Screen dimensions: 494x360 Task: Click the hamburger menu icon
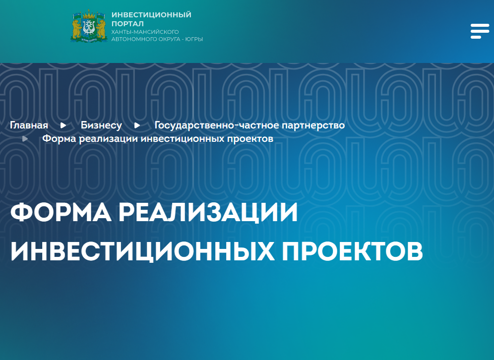point(480,31)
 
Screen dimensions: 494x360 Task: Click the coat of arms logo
point(89,26)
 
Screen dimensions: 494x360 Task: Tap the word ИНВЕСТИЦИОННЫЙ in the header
point(151,15)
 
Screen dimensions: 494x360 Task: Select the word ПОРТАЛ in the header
point(127,24)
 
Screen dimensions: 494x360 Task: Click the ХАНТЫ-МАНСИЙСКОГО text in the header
point(145,32)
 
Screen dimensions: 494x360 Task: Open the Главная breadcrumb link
point(29,125)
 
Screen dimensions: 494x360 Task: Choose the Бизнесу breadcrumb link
point(101,125)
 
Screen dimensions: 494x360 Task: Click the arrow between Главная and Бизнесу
point(63,125)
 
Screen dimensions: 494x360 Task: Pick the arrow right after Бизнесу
point(137,125)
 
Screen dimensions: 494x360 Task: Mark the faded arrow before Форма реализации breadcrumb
point(25,138)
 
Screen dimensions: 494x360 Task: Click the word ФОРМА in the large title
point(61,212)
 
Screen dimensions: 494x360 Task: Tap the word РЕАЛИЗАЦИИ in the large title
point(208,213)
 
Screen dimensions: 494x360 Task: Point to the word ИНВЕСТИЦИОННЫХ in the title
point(142,252)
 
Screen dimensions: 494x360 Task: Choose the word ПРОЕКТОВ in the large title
point(352,252)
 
